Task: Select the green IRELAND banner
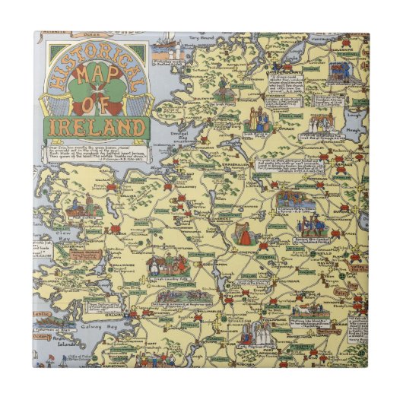click(x=98, y=126)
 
